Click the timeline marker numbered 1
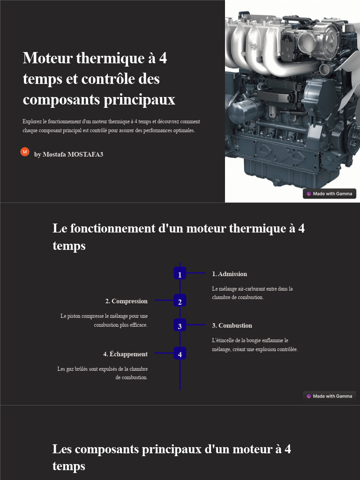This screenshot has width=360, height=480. (180, 273)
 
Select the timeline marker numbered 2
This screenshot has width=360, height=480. (180, 301)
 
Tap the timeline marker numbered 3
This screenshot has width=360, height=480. (180, 325)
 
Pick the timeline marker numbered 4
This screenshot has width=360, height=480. (180, 353)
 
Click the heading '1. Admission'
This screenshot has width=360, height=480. (229, 274)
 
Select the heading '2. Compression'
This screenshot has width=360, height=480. (126, 301)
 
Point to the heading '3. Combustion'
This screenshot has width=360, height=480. (232, 325)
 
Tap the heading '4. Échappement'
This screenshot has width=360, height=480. (125, 354)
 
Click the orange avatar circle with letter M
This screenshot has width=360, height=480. (25, 152)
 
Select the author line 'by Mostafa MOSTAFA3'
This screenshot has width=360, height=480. (68, 154)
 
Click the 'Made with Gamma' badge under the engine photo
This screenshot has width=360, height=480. (330, 194)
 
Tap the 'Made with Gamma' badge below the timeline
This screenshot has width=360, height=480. (330, 396)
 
